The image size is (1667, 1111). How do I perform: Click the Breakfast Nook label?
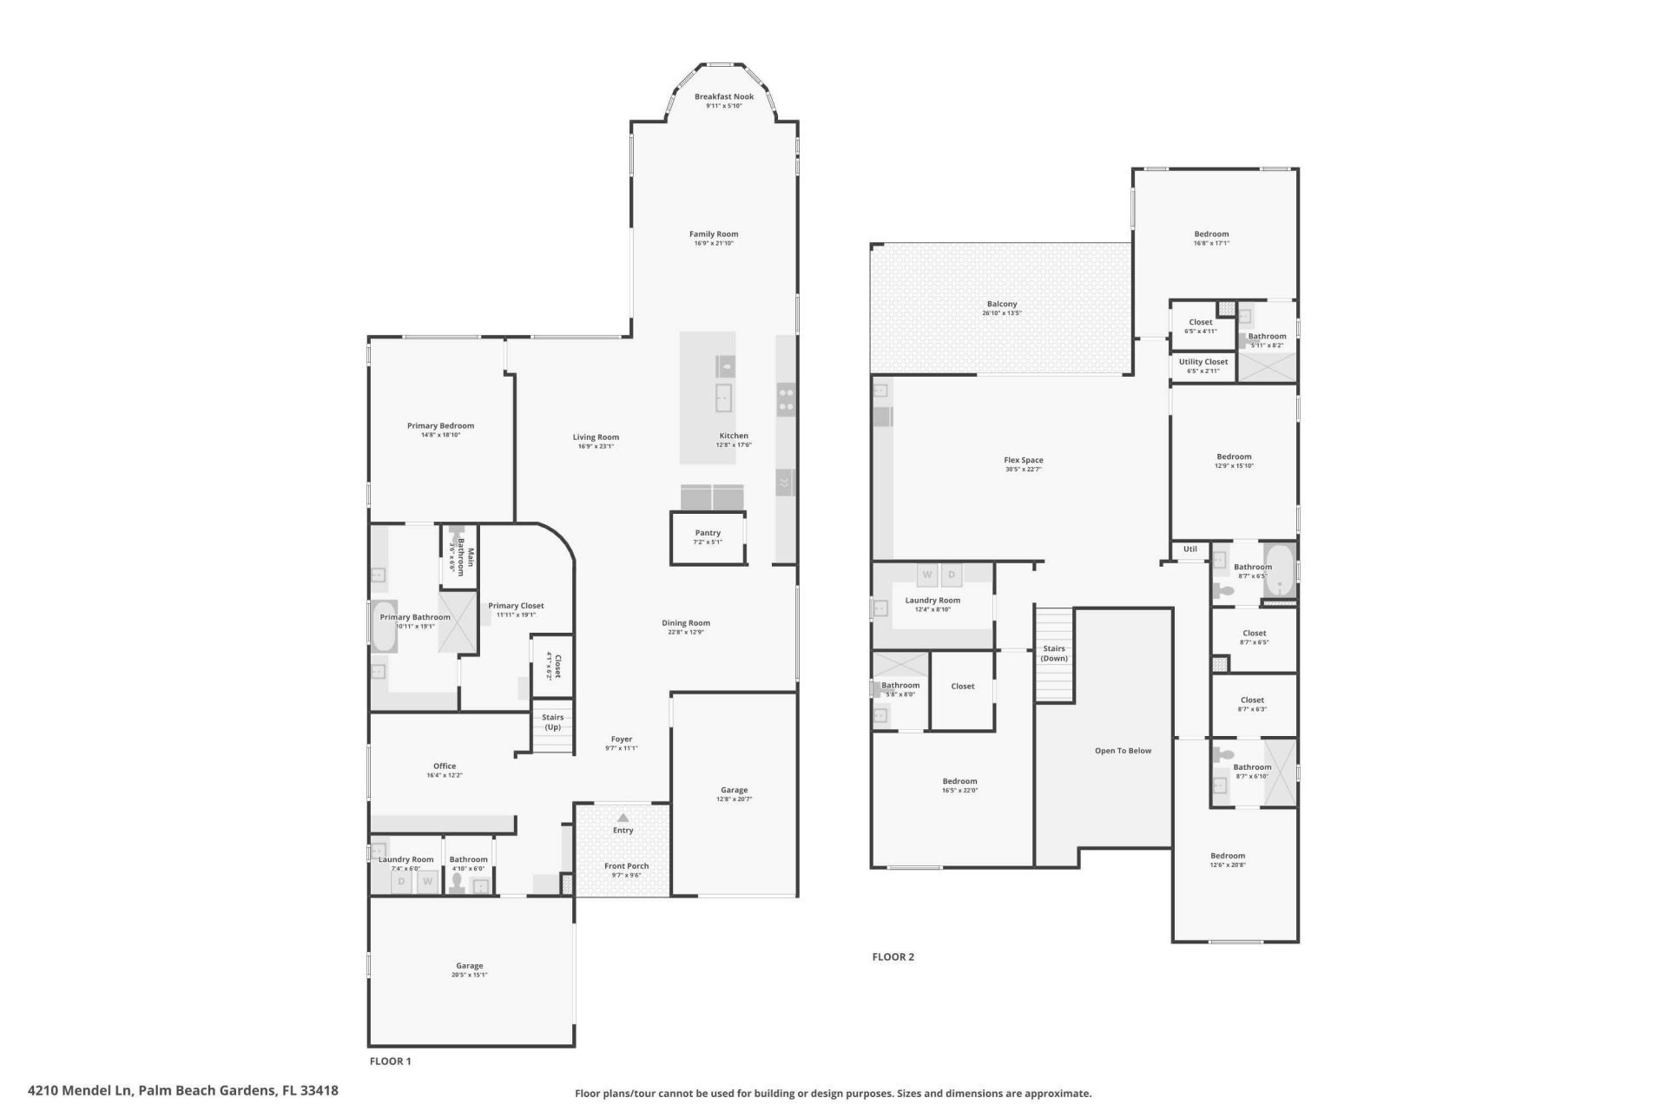723,96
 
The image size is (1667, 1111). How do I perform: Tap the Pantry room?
708,537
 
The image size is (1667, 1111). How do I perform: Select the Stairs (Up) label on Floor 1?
553,721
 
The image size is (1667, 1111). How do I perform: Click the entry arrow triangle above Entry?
623,818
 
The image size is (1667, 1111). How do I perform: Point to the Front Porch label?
626,866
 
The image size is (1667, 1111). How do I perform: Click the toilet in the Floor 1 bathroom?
457,882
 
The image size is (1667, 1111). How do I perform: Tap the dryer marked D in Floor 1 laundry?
401,882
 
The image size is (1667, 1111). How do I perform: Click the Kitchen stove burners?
786,398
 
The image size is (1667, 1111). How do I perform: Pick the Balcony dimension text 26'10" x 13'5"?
1002,313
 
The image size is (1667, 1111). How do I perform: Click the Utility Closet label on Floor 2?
1203,362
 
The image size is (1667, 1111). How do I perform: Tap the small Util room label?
1189,549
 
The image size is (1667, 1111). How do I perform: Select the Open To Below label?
1123,751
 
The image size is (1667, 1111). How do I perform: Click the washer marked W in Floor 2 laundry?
927,575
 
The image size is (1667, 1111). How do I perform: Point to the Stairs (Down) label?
1054,653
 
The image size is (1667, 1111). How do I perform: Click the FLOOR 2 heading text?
893,957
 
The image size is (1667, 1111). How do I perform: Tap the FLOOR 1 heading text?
390,1061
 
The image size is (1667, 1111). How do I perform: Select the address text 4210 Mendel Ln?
82,1090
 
